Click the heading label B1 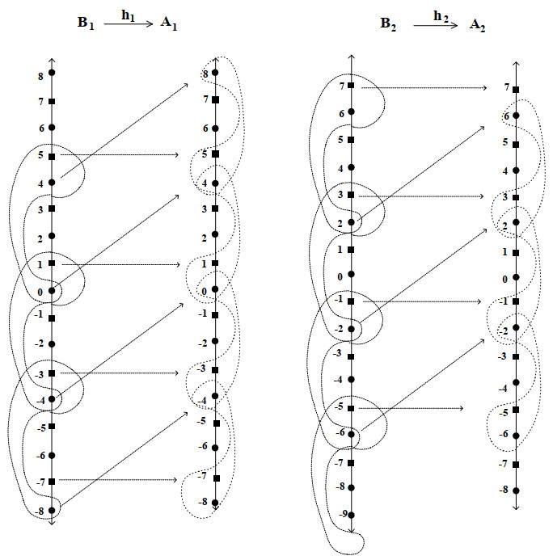coord(84,24)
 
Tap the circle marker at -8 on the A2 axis coord(516,490)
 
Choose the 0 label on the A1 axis coord(204,290)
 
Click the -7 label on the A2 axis coord(504,464)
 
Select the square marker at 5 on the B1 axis coord(52,155)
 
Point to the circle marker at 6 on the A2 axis coord(516,116)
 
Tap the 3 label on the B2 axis coord(341,195)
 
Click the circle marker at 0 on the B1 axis coord(52,291)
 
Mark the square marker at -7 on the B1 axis coord(52,481)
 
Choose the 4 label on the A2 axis coord(505,171)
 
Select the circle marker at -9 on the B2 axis coord(351,515)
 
